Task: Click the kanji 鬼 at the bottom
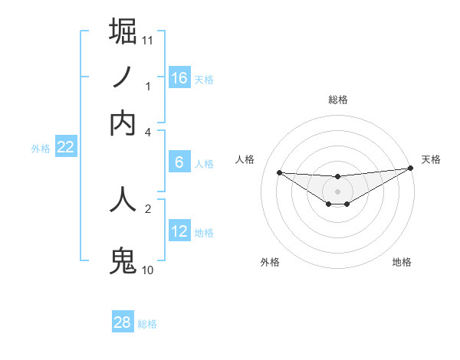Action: click(x=123, y=261)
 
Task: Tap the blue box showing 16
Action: click(x=179, y=77)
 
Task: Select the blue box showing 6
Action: click(x=179, y=162)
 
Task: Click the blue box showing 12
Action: click(x=179, y=231)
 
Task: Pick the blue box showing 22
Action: click(x=65, y=148)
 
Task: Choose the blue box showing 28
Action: click(x=123, y=322)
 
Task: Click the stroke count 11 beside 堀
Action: click(x=148, y=39)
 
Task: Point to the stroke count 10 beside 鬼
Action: click(x=148, y=270)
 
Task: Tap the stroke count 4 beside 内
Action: click(x=148, y=132)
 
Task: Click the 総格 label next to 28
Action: click(x=147, y=324)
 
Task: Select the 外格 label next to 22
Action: click(x=40, y=149)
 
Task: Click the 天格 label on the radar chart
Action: click(x=431, y=159)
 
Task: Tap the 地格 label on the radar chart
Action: click(x=402, y=262)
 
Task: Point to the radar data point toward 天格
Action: click(x=410, y=169)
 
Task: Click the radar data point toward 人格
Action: click(x=279, y=172)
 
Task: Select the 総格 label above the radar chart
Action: click(x=337, y=100)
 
